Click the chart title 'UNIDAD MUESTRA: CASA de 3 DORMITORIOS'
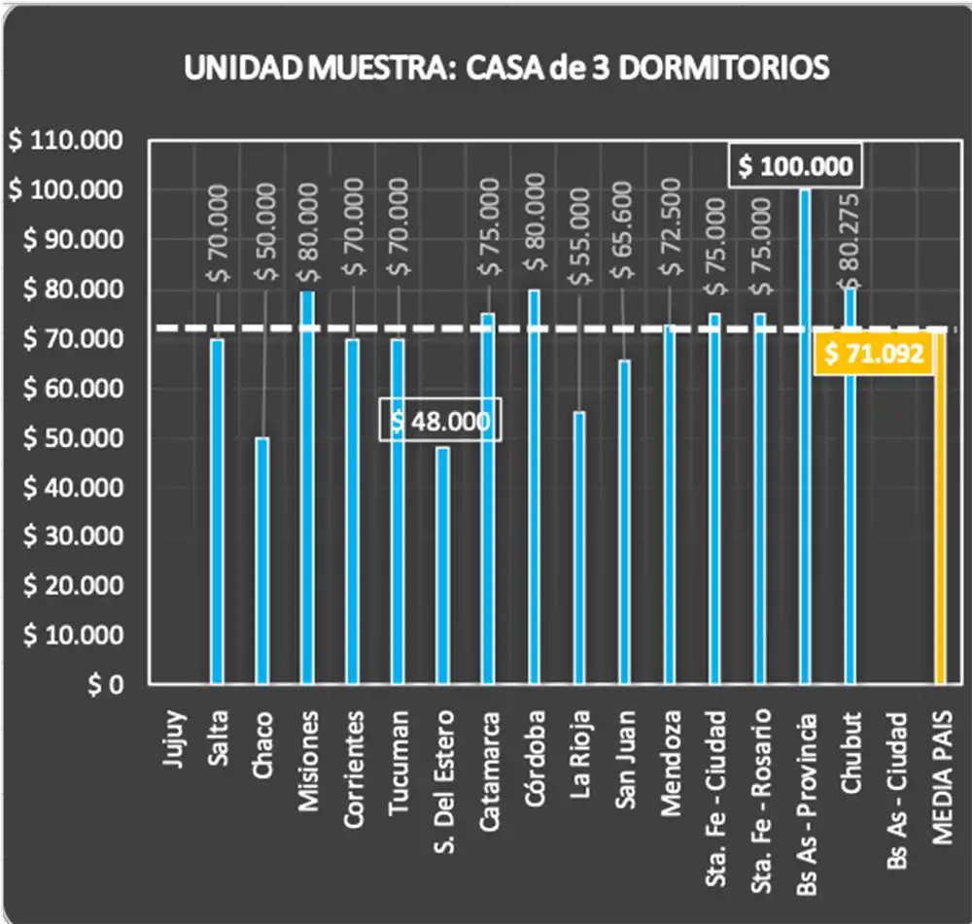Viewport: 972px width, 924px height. tap(506, 68)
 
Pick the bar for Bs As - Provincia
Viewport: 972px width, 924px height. tap(805, 437)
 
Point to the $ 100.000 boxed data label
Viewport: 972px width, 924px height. tap(795, 166)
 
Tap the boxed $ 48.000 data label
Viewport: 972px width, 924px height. tap(441, 420)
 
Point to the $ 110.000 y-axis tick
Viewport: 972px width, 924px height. tap(65, 141)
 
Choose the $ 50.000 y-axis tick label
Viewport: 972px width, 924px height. tap(65, 438)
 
